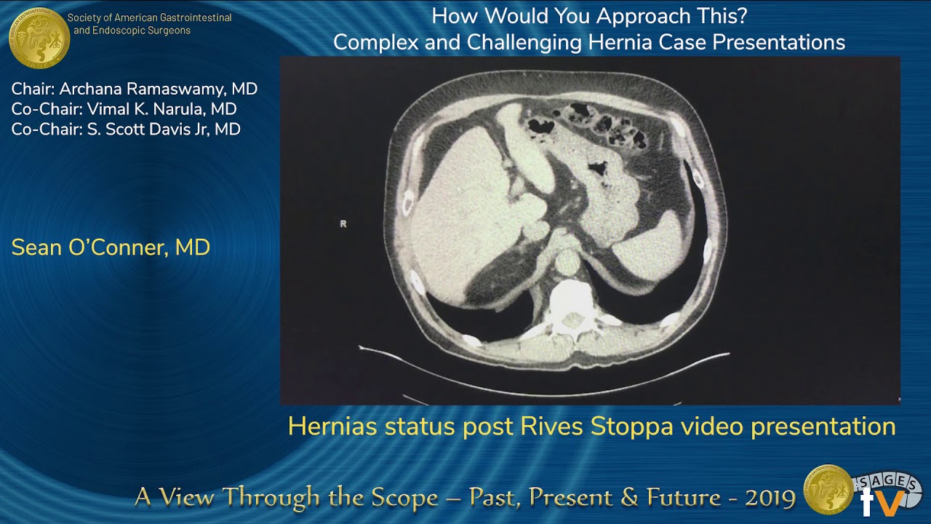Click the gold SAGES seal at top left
39,37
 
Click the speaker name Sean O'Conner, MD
111,247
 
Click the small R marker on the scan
343,223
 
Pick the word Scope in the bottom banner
404,498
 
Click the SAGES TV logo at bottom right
887,491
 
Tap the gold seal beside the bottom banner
828,489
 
